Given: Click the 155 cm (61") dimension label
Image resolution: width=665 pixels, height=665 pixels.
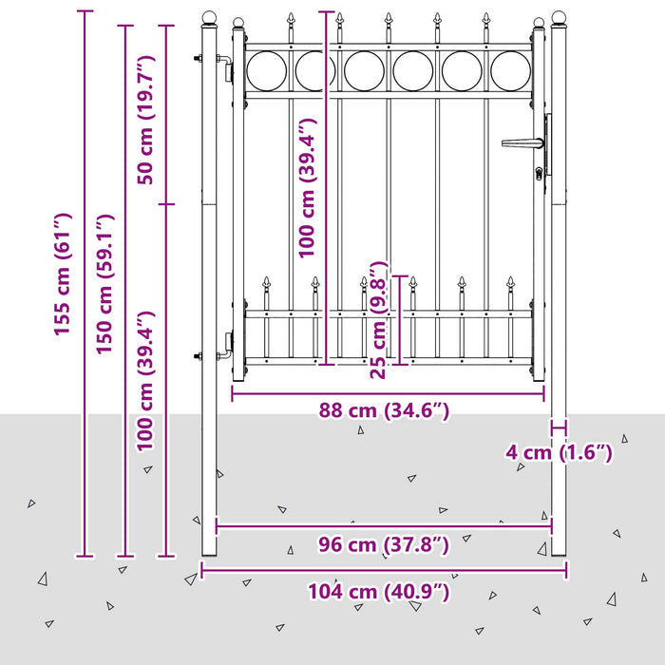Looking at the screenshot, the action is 63,275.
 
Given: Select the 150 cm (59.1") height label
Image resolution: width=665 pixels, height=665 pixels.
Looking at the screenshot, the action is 104,284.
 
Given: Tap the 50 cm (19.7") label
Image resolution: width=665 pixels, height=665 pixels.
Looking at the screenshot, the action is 146,120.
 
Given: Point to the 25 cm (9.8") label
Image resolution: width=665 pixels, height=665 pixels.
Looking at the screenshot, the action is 378,320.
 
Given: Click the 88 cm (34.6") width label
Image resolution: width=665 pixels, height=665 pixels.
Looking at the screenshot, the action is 384,410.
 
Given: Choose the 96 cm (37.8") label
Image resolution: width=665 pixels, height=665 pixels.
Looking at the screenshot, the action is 384,544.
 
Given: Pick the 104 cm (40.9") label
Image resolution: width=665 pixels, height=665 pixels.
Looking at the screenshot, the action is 379,592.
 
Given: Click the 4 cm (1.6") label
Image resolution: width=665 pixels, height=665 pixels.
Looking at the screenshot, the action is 559,453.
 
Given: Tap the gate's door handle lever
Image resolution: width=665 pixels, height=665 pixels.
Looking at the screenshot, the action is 522,143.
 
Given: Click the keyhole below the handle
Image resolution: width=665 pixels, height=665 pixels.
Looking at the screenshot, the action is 539,173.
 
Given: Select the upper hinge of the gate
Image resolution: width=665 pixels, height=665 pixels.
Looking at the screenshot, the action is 224,66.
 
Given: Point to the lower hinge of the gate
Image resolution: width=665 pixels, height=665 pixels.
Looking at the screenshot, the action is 224,347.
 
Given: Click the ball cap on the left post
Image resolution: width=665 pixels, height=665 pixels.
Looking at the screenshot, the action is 209,18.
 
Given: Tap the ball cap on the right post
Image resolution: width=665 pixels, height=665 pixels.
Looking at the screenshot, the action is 559,18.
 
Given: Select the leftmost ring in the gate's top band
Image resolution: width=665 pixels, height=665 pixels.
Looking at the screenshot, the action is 266,71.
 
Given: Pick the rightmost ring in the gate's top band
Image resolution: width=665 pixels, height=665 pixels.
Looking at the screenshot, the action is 511,71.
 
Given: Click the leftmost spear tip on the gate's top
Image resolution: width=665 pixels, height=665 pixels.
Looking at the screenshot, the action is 291,19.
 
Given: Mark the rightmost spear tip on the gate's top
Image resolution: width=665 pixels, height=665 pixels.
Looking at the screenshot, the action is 486,19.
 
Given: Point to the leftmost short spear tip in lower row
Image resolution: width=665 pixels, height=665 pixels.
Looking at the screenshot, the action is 266,282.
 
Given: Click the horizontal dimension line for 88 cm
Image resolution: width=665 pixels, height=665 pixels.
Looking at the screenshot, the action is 388,394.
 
